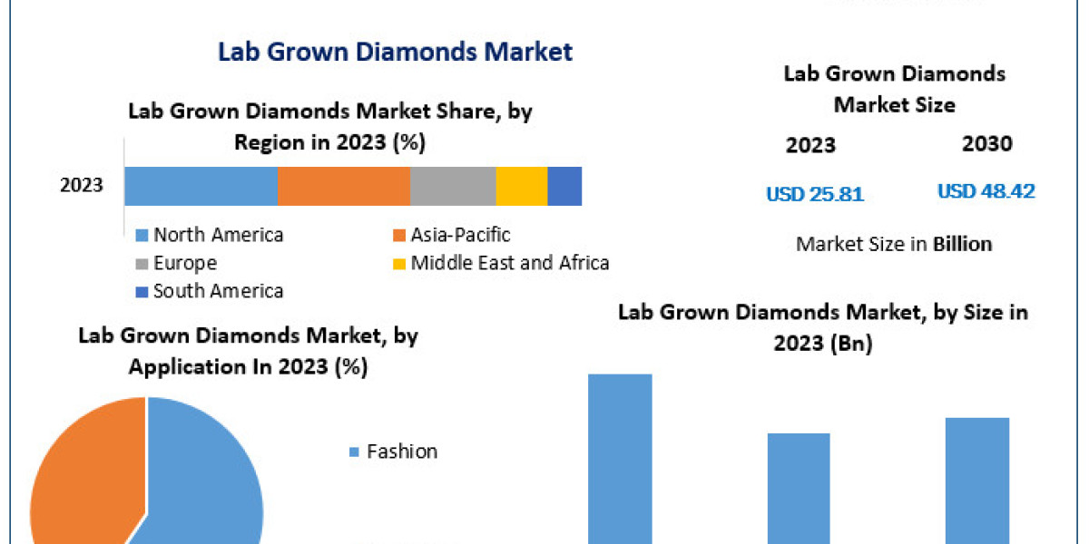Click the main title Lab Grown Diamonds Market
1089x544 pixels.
[395, 52]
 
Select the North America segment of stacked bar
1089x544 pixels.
[200, 186]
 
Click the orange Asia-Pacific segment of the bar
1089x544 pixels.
[343, 186]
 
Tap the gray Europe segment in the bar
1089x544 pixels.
[452, 186]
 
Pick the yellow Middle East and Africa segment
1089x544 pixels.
[521, 186]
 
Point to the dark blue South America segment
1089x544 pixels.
[564, 186]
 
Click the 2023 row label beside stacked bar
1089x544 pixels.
[82, 186]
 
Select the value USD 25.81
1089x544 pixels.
[815, 194]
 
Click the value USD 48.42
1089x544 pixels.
[986, 192]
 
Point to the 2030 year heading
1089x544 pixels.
[986, 143]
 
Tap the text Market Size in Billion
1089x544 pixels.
[894, 244]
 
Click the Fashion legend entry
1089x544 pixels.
[401, 452]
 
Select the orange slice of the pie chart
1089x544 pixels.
[82, 471]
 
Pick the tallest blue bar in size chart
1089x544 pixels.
[620, 458]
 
